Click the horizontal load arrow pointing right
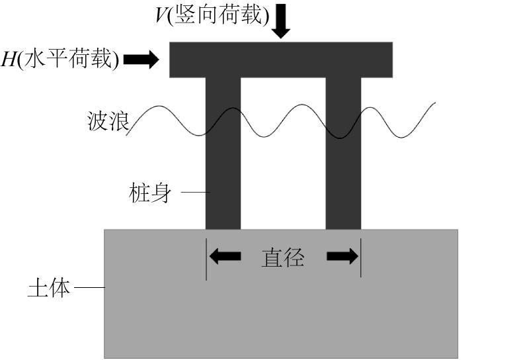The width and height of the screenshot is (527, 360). tap(142, 60)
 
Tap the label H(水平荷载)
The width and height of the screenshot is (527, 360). tap(60, 60)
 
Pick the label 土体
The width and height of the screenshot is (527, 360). tap(49, 289)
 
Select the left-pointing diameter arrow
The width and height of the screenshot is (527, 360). tap(225, 257)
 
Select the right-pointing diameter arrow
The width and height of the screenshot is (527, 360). tap(342, 257)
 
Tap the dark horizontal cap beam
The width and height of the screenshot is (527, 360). tap(281, 60)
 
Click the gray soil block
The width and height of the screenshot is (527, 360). tap(281, 311)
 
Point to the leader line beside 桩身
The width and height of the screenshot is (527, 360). tap(195, 193)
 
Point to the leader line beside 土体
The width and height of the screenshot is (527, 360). tap(89, 289)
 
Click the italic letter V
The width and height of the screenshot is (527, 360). tap(161, 15)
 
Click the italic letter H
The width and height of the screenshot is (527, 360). tap(9, 60)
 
